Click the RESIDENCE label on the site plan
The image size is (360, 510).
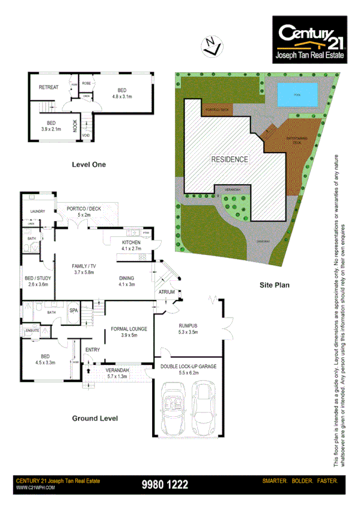point(229,159)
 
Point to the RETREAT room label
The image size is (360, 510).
point(49,87)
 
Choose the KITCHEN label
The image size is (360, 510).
point(130,242)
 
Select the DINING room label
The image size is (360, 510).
point(129,278)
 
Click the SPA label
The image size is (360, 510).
point(74,310)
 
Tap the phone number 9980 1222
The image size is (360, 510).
point(165,484)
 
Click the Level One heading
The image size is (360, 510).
point(88,164)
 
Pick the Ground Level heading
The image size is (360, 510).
point(95,418)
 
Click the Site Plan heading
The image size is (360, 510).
point(275,286)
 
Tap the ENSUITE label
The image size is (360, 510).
point(33,330)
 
